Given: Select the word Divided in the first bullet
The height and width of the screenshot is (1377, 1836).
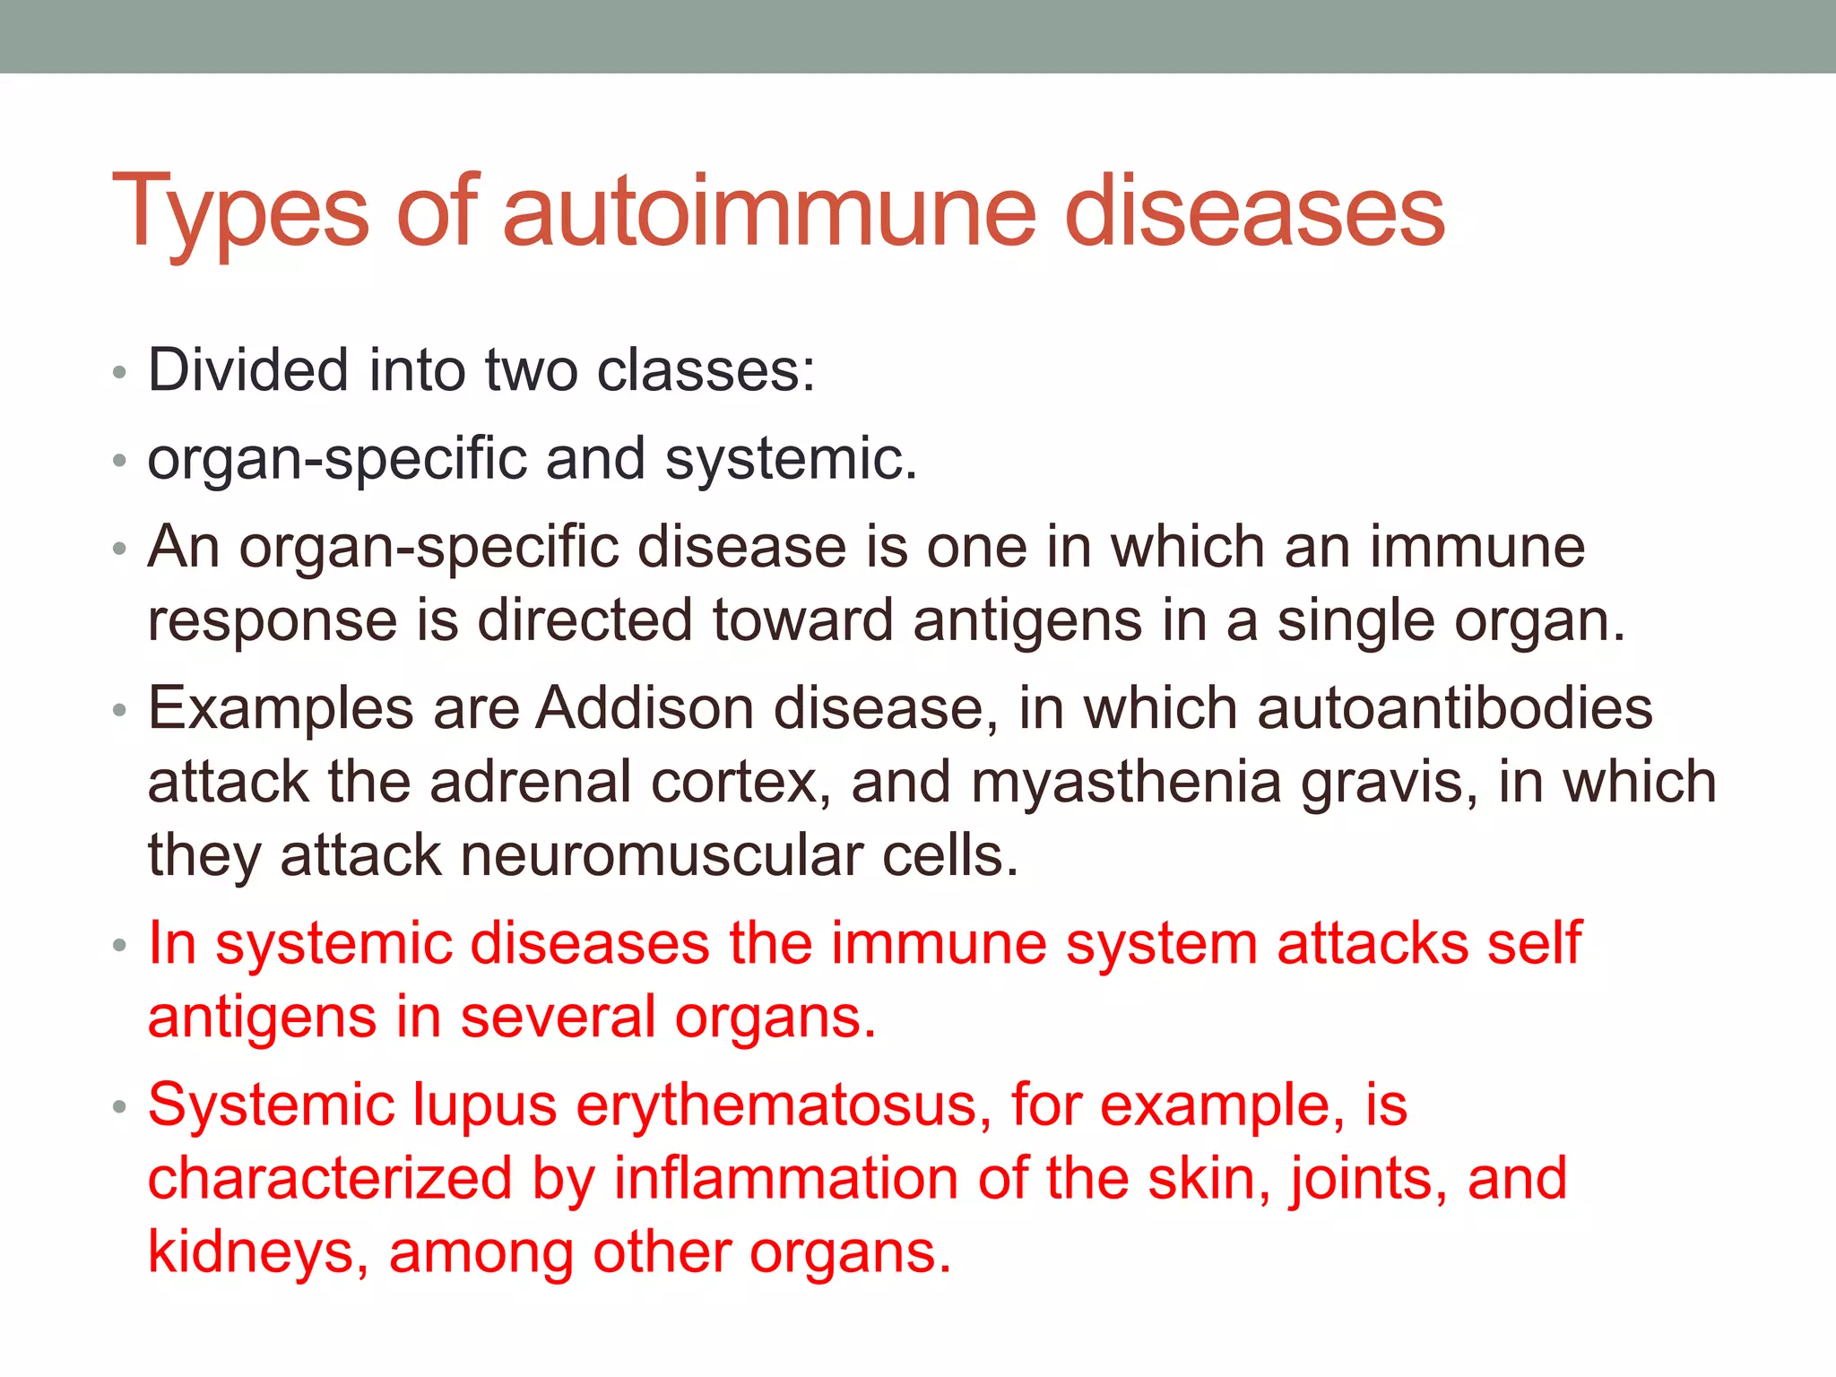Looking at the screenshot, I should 247,369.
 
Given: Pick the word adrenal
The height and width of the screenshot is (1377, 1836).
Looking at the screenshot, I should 531,782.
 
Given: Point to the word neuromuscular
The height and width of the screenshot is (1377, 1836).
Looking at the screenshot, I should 661,855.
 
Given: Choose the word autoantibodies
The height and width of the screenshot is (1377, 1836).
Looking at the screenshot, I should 1455,708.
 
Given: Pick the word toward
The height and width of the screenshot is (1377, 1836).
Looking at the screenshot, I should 802,620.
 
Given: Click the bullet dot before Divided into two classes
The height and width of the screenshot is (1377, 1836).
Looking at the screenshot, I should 120,372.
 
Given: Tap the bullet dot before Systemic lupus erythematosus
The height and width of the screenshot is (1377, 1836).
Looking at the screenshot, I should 120,1107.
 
